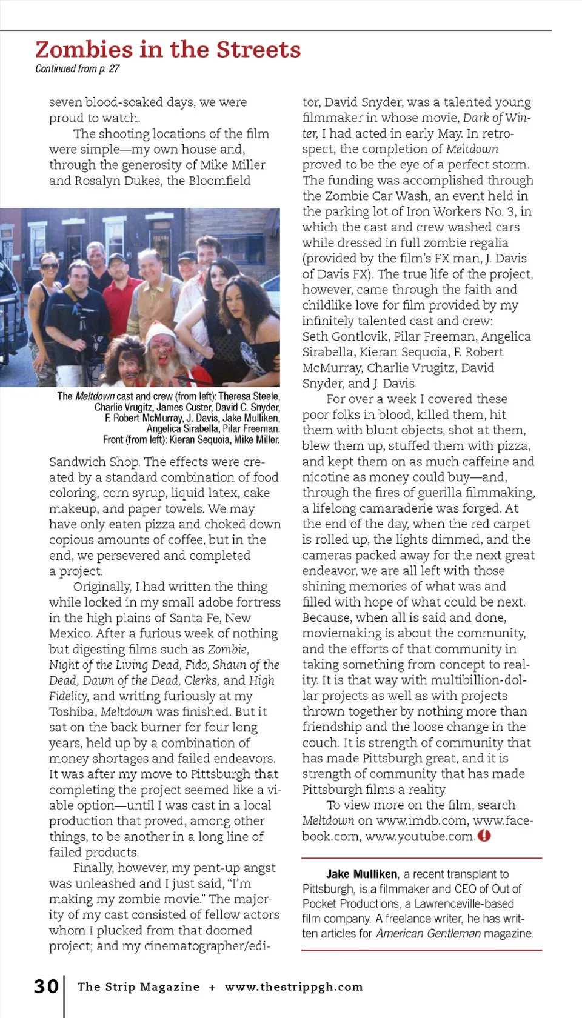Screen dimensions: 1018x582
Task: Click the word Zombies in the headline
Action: pyautogui.click(x=84, y=50)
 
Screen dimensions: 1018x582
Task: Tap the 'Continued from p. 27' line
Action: pyautogui.click(x=77, y=68)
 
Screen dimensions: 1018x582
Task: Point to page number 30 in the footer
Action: pyautogui.click(x=46, y=986)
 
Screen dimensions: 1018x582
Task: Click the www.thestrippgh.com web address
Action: pyautogui.click(x=293, y=986)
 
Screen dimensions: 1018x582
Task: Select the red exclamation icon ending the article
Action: pyautogui.click(x=484, y=836)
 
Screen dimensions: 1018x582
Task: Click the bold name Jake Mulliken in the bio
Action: pyautogui.click(x=362, y=874)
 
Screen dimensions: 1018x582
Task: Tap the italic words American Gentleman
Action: pyautogui.click(x=428, y=933)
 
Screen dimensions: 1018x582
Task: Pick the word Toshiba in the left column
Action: pyautogui.click(x=73, y=711)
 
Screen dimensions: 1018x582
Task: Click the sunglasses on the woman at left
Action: pyautogui.click(x=48, y=266)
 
